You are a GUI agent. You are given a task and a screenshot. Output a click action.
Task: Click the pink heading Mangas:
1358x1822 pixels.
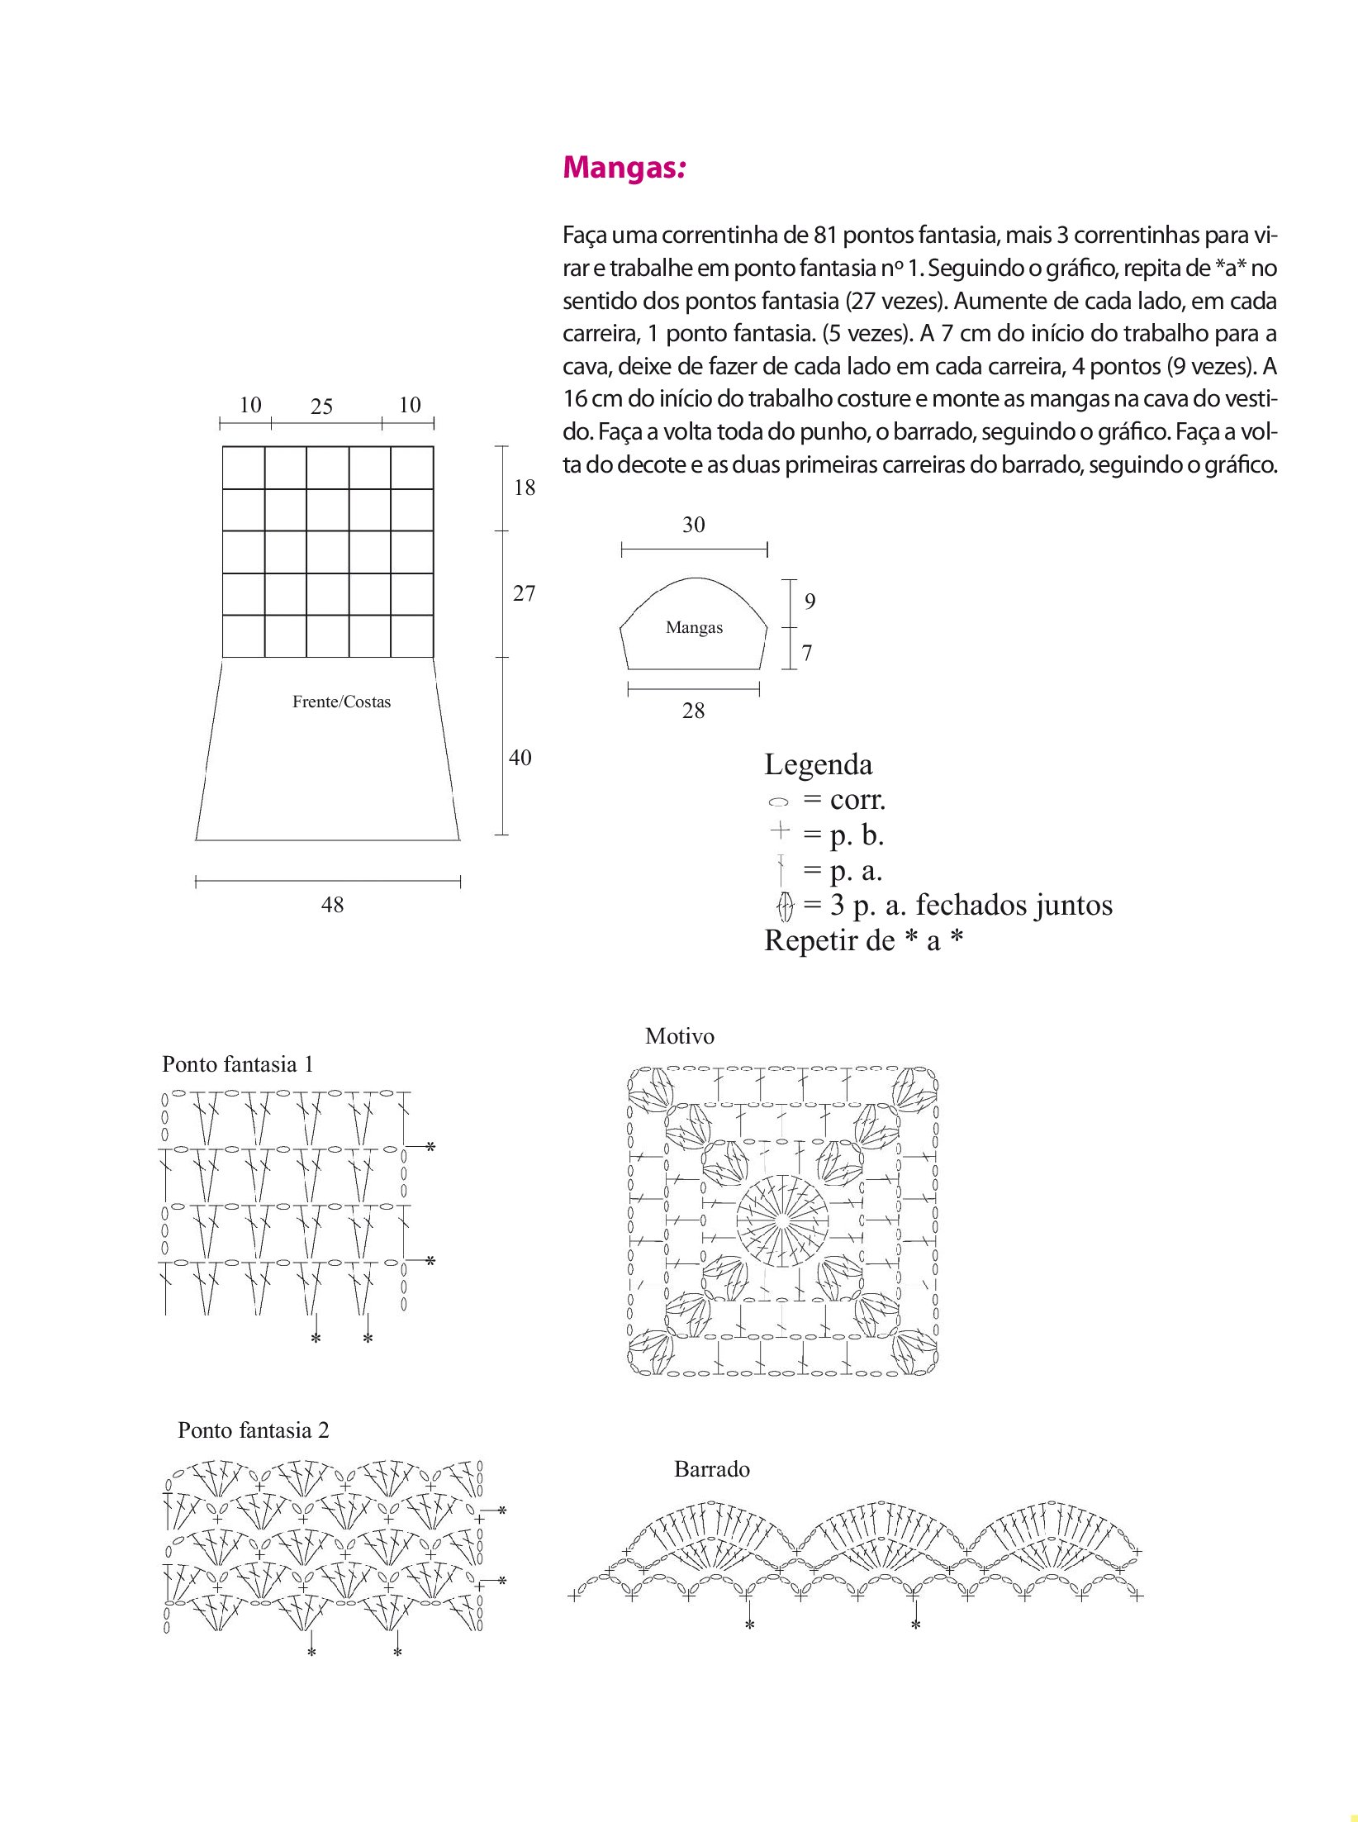pos(624,168)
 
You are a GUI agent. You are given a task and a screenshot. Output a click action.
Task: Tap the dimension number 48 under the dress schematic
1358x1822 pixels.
pos(332,905)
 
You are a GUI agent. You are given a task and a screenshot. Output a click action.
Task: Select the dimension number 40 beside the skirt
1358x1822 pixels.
pos(520,757)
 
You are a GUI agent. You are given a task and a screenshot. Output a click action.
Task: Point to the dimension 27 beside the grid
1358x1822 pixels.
pos(524,593)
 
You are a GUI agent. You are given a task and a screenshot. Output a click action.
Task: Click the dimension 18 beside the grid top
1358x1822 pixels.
pos(525,488)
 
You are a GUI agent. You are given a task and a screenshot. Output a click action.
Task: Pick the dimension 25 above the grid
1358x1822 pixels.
pos(321,407)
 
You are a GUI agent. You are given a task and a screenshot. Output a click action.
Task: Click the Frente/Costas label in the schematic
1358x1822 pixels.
pos(341,702)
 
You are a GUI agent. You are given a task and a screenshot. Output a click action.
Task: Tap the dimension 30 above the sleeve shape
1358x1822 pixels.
pos(693,525)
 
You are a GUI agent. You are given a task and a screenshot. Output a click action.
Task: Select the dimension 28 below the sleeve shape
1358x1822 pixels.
pos(693,711)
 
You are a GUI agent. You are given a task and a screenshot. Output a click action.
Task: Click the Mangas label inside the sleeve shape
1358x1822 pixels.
pos(694,627)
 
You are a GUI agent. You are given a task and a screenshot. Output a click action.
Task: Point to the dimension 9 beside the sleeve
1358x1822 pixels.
pos(810,602)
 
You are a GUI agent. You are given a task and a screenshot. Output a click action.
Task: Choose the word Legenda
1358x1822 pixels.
pos(818,764)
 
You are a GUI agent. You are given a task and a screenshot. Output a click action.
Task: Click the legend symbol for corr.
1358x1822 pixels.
pos(778,802)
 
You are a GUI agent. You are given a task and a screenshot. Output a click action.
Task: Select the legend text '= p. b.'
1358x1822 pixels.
pos(843,835)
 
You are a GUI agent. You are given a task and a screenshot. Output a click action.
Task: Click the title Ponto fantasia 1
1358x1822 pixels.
pos(238,1064)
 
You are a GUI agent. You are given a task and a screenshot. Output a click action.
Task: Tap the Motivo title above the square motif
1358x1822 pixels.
pos(679,1036)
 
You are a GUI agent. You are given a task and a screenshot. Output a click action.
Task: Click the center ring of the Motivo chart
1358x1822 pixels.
pos(782,1220)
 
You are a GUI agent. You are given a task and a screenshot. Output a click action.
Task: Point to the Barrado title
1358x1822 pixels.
pos(711,1469)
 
